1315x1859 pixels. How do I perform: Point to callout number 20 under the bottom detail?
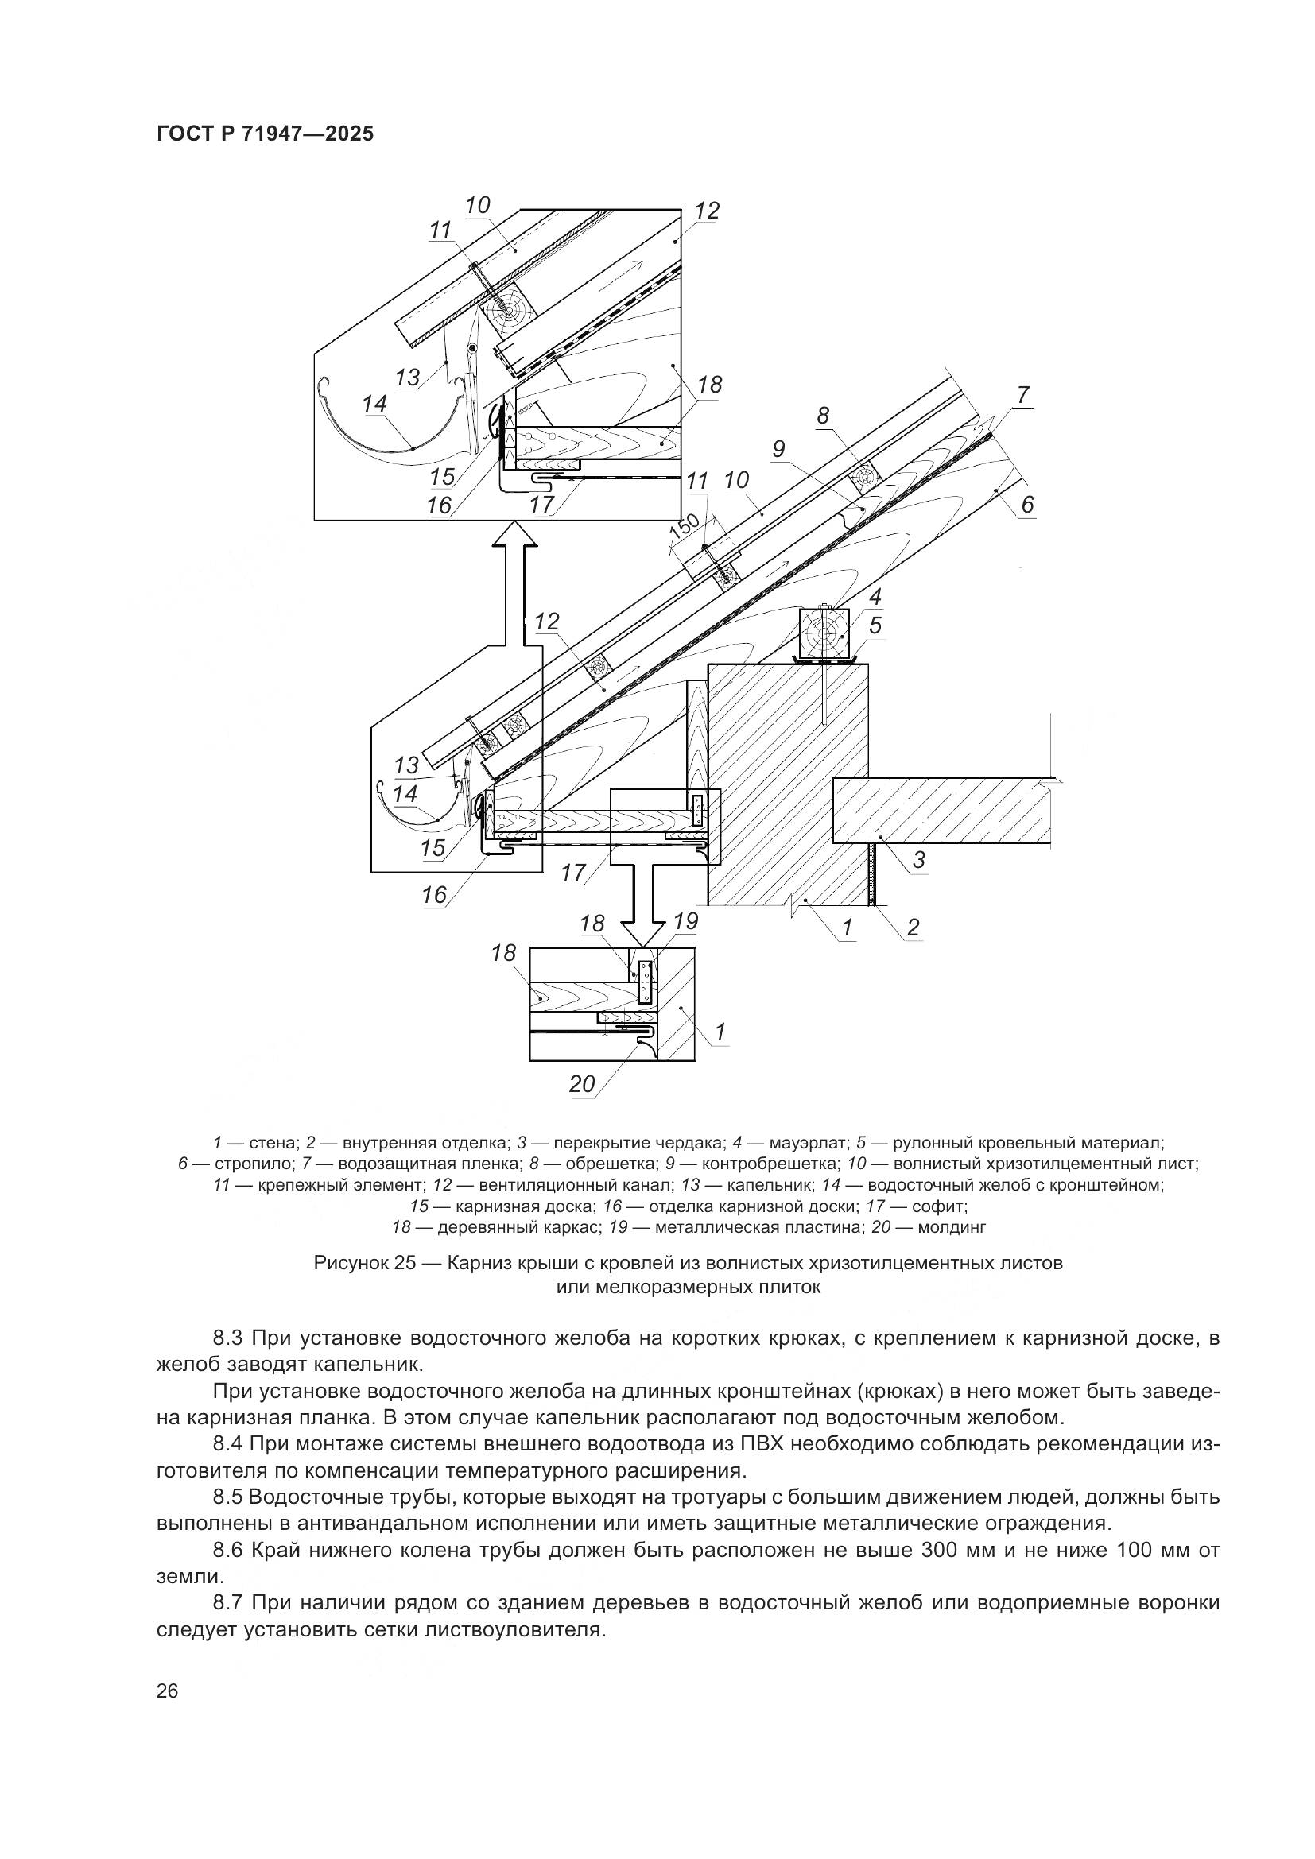click(581, 1084)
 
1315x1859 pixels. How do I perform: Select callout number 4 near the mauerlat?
click(875, 598)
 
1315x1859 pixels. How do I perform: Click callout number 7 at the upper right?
click(1022, 396)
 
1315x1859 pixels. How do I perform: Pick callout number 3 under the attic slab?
click(918, 859)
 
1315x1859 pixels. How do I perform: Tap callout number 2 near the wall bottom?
click(913, 927)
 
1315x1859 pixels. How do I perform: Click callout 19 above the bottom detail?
click(685, 921)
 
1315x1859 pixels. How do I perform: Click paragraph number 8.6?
click(229, 1551)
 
